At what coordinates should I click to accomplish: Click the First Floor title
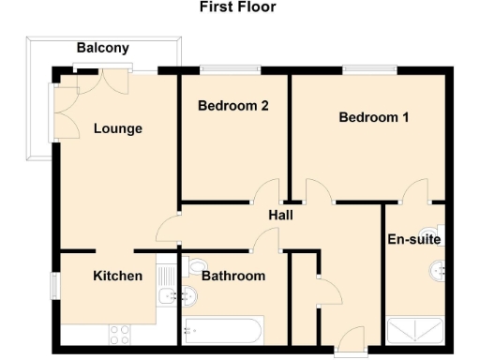237,7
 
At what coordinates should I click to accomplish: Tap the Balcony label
103,48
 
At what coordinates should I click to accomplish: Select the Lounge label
118,128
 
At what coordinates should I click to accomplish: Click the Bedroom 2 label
233,106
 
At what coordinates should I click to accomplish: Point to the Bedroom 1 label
374,118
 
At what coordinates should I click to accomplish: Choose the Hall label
281,215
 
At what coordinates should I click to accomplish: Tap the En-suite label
413,239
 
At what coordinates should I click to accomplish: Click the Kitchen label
118,276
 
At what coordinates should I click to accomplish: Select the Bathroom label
233,276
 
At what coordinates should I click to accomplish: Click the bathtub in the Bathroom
223,330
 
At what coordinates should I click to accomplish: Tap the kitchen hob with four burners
121,332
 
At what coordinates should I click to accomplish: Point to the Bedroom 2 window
231,68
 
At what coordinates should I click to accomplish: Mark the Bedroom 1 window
361,68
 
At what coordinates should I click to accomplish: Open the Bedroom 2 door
266,191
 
